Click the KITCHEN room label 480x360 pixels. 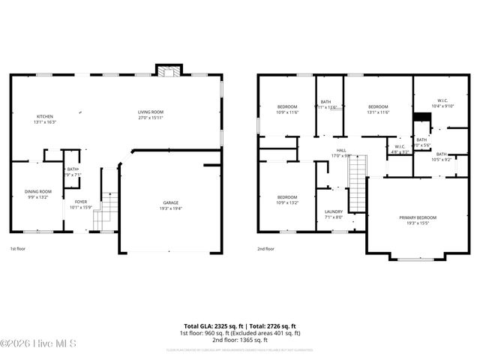click(x=45, y=116)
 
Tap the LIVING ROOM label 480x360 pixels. click(x=151, y=112)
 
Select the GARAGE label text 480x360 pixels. click(x=172, y=202)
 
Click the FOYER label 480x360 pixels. click(x=79, y=202)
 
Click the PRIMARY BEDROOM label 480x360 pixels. click(x=418, y=217)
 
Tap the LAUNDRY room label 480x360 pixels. click(x=334, y=212)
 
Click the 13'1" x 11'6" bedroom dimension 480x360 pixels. click(x=378, y=112)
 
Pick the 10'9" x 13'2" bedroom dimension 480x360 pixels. click(x=287, y=202)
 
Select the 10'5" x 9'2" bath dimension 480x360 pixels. click(x=440, y=159)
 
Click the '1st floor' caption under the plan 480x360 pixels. click(x=19, y=248)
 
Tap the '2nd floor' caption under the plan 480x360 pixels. click(x=265, y=248)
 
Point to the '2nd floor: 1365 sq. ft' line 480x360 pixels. click(x=240, y=339)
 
